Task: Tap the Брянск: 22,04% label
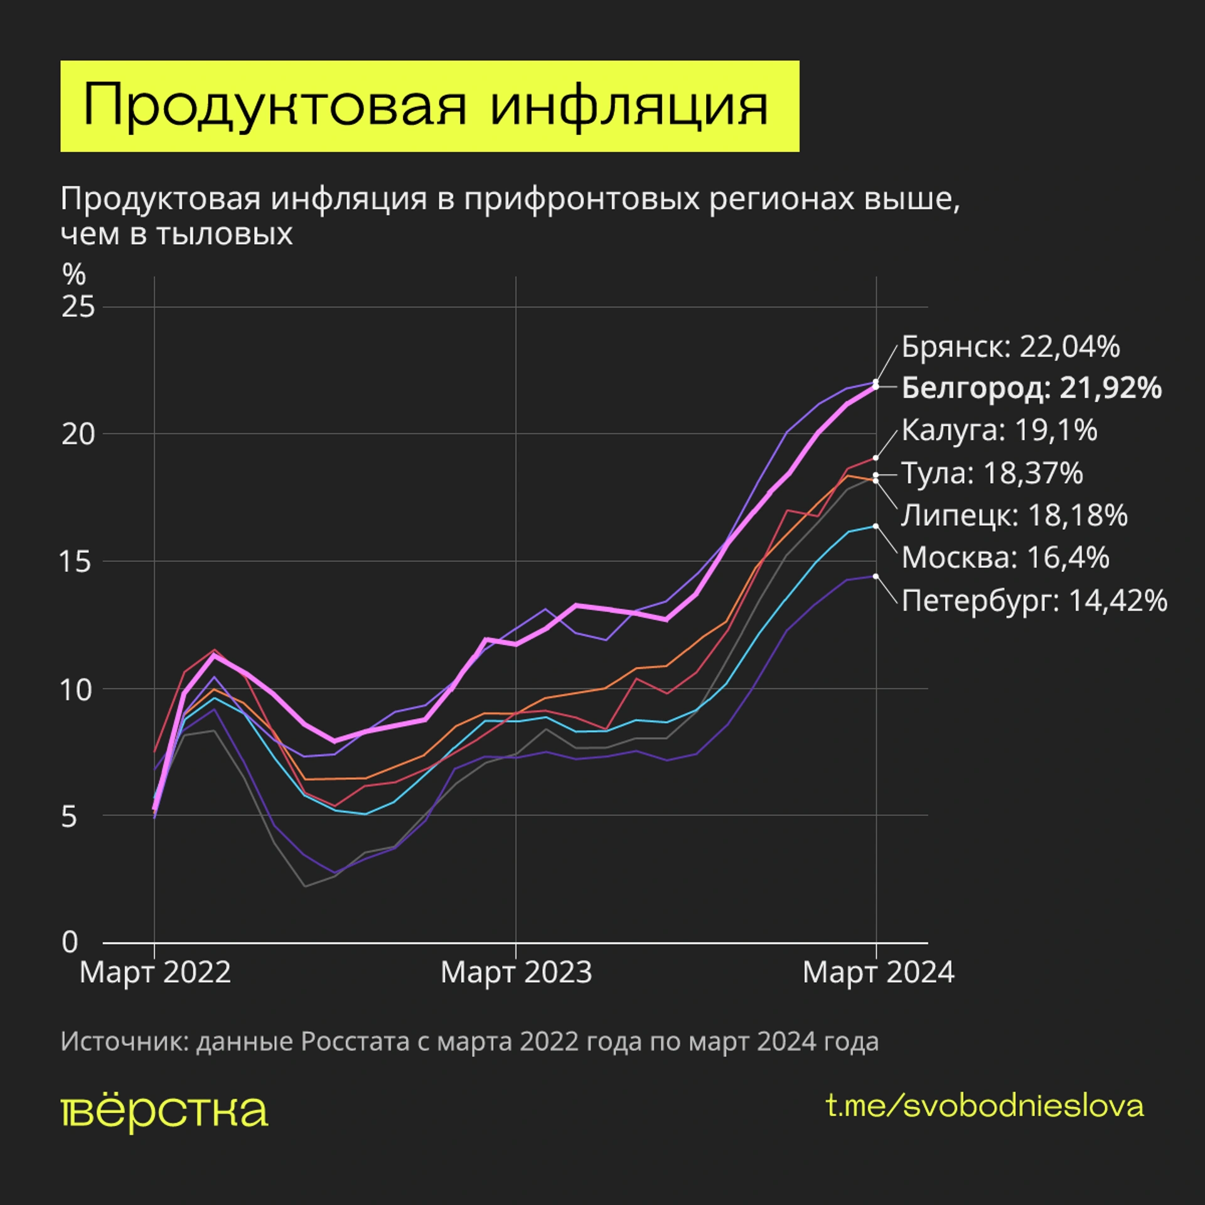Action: pos(1010,346)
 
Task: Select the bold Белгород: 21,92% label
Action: pos(1031,388)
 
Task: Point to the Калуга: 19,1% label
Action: pos(999,430)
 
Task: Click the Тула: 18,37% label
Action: pos(992,473)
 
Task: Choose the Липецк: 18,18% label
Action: pos(1014,515)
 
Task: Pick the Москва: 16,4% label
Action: pos(1005,557)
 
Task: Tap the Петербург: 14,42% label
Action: pos(1034,601)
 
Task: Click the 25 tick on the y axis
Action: pos(78,307)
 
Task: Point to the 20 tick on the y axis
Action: pos(78,434)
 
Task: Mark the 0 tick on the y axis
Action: pos(70,942)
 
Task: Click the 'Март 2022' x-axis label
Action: pos(155,973)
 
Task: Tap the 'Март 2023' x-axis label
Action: pos(516,973)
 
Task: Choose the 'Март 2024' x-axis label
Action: pos(878,973)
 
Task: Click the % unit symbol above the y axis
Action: pos(73,274)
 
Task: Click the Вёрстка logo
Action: pos(164,1111)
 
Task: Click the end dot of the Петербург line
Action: pos(876,576)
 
